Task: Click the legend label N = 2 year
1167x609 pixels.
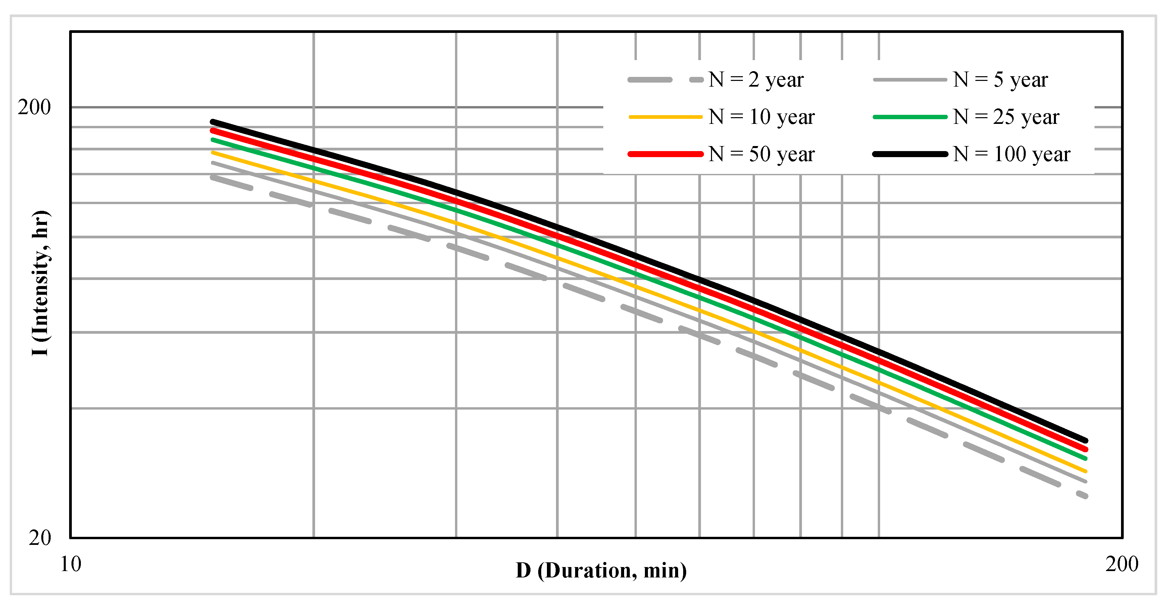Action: coord(756,80)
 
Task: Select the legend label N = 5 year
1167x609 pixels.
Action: coord(1000,80)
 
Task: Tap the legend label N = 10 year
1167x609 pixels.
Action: coord(761,118)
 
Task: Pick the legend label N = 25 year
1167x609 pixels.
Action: coord(1006,118)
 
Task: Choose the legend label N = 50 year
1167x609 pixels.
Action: coord(761,154)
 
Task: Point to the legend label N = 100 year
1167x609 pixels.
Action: coord(1011,154)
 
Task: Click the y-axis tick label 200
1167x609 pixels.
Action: coord(34,107)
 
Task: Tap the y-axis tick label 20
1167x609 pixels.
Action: coord(40,538)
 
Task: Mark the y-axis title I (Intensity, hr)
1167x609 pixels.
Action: coord(41,283)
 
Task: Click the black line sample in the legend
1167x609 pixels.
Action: coord(910,154)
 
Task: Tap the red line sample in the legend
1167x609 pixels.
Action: coord(665,154)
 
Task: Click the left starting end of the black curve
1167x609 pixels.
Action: coord(212,122)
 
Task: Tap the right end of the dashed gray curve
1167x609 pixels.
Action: coord(1085,496)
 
